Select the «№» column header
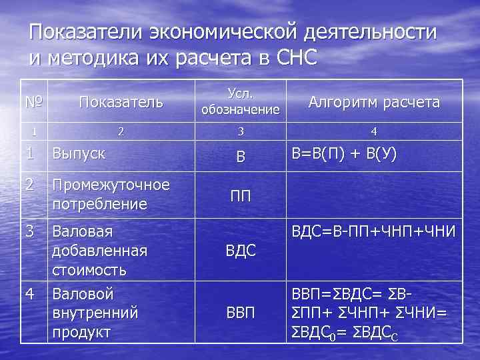click(35, 102)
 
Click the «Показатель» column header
click(121, 102)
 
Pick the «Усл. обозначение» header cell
click(240, 101)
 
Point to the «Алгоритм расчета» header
click(374, 102)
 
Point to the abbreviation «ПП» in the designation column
click(241, 197)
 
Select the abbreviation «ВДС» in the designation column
click(241, 251)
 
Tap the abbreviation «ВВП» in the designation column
click(241, 313)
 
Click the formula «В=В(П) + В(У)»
click(344, 154)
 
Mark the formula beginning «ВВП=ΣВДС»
click(372, 312)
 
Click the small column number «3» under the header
click(241, 131)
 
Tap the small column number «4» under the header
click(374, 131)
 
